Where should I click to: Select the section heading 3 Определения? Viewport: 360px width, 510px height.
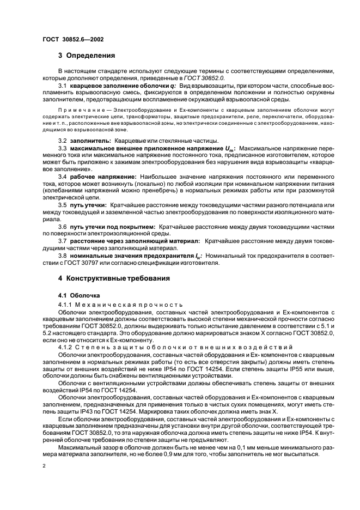click(86, 55)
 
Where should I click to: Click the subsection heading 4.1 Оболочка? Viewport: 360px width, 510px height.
click(79, 295)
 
